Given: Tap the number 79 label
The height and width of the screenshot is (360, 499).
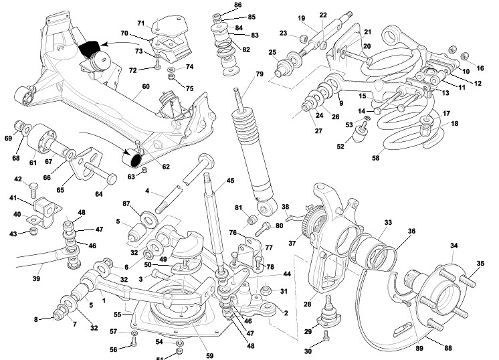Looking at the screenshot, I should click(260, 73).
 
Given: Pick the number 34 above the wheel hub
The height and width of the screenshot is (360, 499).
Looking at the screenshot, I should click(454, 246).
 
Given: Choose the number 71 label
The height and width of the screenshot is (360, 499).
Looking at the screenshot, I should click(142, 23).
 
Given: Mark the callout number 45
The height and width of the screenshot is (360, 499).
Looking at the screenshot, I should click(230, 180).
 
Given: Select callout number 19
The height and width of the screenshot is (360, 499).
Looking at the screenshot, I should click(302, 18).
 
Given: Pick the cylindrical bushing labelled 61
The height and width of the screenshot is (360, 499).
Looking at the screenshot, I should click(49, 138).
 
